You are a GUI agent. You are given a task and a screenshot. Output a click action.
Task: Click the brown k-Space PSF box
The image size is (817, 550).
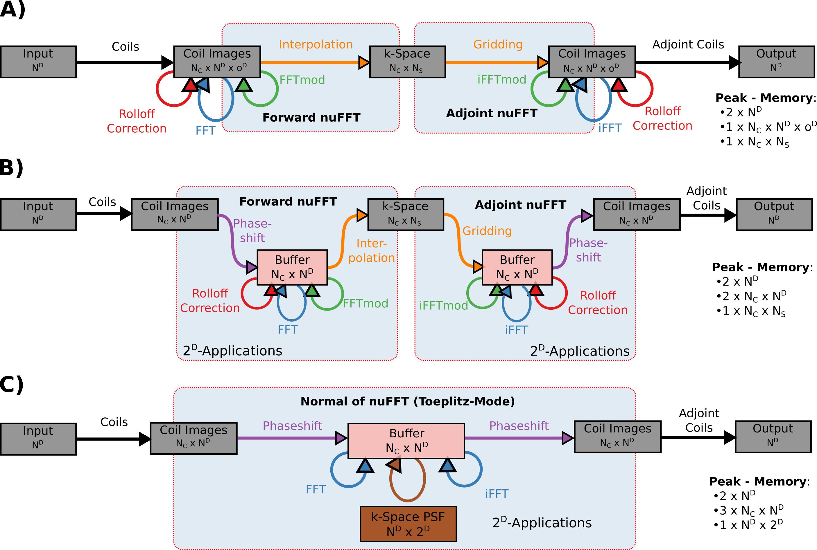click(x=408, y=524)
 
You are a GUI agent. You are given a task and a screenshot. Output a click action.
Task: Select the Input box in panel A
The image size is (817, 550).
click(x=38, y=62)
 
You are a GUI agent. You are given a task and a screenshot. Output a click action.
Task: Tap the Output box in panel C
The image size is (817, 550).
click(x=773, y=437)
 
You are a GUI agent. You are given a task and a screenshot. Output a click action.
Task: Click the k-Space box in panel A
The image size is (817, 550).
click(x=407, y=62)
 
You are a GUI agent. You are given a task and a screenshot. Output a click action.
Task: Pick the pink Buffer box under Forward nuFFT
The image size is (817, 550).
click(x=292, y=267)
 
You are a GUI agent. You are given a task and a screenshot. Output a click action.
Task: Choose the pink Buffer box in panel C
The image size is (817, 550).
click(x=406, y=441)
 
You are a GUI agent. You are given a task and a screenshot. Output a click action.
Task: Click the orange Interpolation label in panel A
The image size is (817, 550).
click(x=316, y=44)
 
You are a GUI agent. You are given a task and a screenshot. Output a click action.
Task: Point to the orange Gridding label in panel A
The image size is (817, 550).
click(x=498, y=44)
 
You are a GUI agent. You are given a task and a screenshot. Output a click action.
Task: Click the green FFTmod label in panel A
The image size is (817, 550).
click(x=302, y=80)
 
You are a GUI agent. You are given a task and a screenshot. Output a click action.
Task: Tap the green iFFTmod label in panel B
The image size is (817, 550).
click(x=443, y=306)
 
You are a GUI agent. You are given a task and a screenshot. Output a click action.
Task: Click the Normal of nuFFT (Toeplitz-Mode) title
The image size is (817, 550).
click(x=408, y=401)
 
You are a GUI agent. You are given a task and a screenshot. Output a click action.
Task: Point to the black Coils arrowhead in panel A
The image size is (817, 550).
click(x=167, y=62)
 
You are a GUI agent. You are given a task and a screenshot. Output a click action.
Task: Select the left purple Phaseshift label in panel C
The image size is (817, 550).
click(x=292, y=425)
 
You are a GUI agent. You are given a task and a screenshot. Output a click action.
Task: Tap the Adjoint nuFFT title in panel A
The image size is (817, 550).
click(x=492, y=113)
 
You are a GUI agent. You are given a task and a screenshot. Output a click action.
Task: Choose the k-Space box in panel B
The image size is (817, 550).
click(x=406, y=214)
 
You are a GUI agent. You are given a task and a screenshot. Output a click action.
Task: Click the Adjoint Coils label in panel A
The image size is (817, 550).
click(x=688, y=44)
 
